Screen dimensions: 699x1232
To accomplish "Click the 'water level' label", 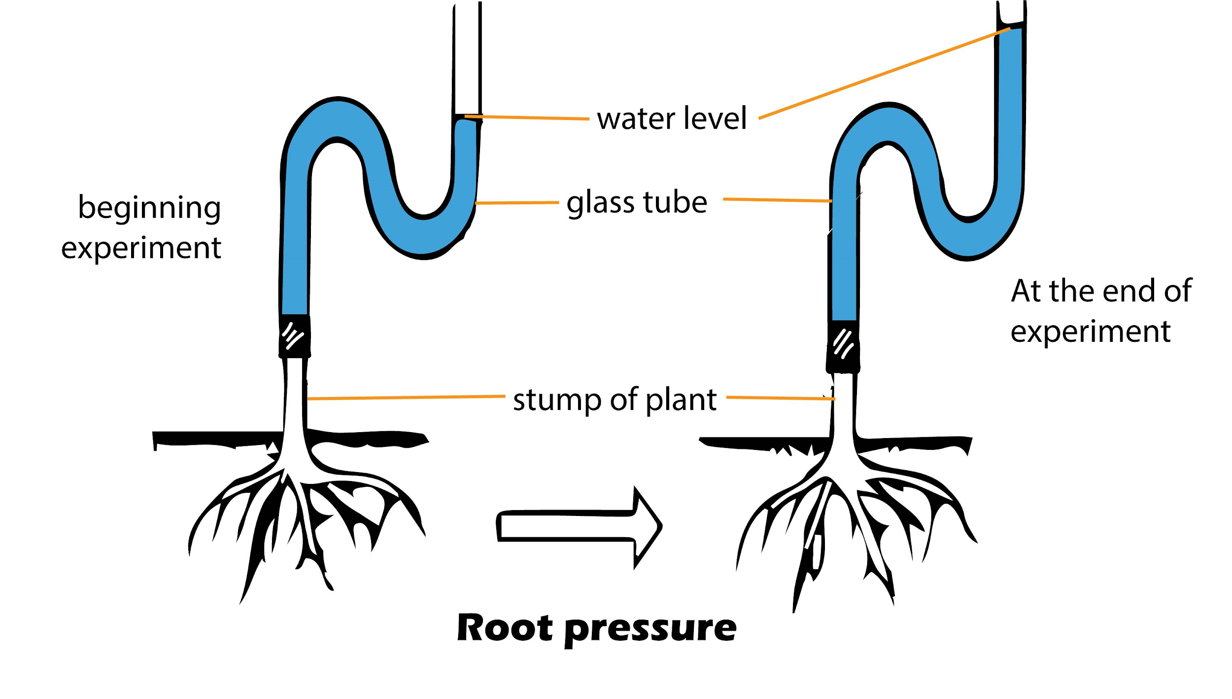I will [672, 118].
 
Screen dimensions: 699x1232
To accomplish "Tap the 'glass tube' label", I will [637, 202].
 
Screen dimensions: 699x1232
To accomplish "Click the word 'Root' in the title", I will [505, 628].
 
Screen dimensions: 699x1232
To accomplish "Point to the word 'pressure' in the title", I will [650, 629].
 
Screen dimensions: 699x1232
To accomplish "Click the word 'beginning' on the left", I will [149, 208].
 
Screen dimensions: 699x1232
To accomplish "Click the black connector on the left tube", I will [295, 336].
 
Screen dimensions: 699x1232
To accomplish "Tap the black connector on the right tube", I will [843, 346].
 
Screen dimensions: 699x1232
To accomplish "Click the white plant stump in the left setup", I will [295, 395].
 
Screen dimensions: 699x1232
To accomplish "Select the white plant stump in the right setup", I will [844, 405].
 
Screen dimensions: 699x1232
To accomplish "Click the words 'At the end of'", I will [1101, 291].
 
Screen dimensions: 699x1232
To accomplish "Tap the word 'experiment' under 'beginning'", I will [141, 248].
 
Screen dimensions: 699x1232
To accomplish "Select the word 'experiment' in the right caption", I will [1090, 331].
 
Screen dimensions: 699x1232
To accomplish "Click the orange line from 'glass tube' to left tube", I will [517, 203].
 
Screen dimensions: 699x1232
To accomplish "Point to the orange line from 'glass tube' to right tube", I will [777, 200].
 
